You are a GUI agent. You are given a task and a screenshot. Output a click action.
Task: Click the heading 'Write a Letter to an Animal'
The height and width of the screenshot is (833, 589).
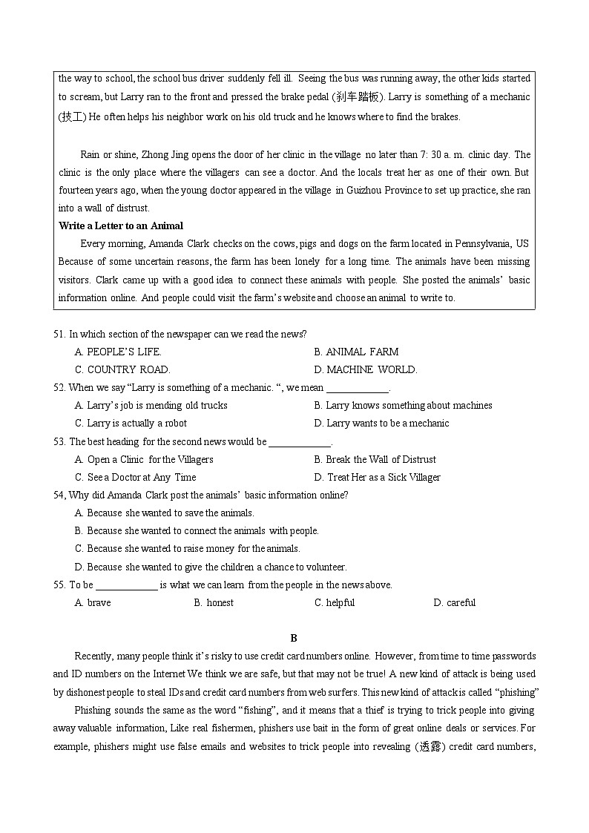pyautogui.click(x=121, y=225)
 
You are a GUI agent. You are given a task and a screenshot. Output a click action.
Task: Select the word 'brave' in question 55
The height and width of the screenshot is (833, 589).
pyautogui.click(x=99, y=602)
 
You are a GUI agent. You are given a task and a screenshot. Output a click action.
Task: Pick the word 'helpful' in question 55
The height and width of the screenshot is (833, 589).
pyautogui.click(x=340, y=602)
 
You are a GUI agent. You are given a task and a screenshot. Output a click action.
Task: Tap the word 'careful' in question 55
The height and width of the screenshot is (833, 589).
pyautogui.click(x=461, y=602)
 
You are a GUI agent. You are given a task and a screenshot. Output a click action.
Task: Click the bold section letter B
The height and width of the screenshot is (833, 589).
pyautogui.click(x=294, y=638)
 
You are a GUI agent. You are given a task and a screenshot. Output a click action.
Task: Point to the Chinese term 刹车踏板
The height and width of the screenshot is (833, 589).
pyautogui.click(x=358, y=97)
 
